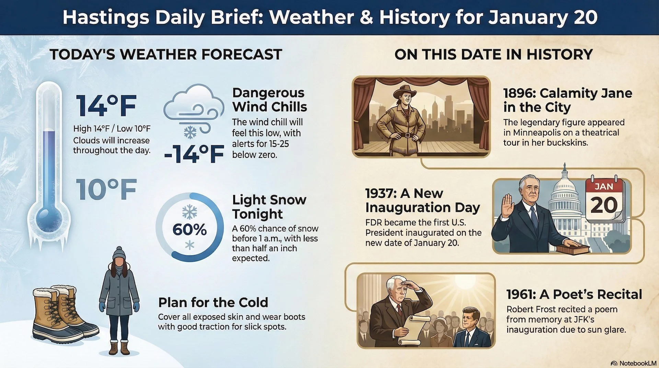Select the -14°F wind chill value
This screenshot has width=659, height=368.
(194, 154)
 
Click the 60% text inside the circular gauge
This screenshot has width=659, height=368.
(189, 230)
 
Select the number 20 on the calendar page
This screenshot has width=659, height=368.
(604, 205)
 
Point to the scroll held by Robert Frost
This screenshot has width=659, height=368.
(414, 330)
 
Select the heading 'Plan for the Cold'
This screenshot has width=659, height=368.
(213, 302)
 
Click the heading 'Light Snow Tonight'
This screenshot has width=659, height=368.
(269, 206)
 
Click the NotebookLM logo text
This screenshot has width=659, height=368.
(637, 363)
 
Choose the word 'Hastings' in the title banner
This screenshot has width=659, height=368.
(106, 17)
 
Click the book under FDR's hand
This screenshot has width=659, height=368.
(573, 250)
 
